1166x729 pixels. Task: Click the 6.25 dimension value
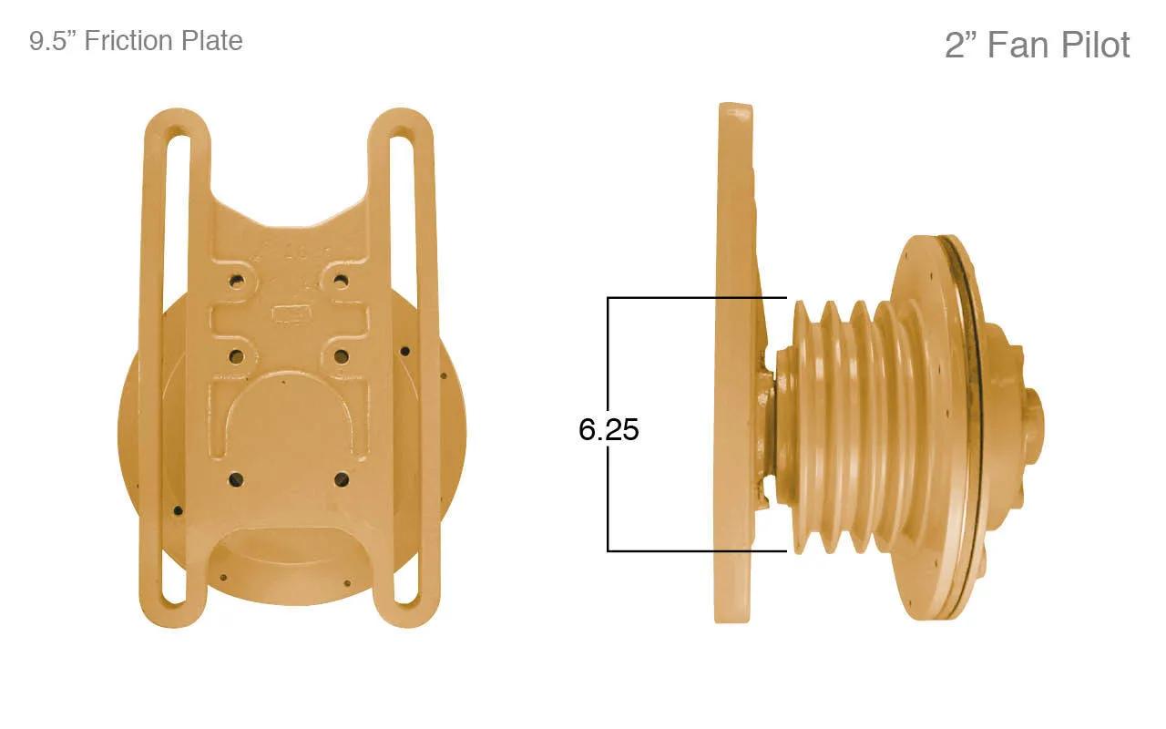[x=609, y=429]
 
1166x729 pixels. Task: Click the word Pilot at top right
[x=1095, y=45]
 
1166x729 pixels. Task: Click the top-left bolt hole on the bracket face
[x=237, y=282]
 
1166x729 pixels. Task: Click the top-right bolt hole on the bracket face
[x=342, y=282]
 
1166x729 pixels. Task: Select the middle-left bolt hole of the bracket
[x=237, y=357]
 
